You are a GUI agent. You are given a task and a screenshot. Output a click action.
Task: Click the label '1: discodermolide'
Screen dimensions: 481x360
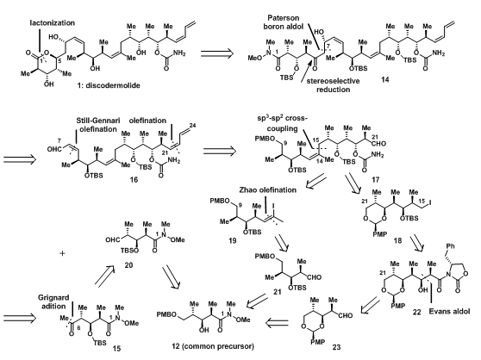point(109,85)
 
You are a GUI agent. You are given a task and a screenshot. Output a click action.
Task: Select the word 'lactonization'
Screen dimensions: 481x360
point(52,23)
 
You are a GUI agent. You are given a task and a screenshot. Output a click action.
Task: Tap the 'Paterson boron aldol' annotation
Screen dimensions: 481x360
point(283,22)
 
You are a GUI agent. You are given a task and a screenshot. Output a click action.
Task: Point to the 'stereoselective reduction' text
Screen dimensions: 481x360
point(333,85)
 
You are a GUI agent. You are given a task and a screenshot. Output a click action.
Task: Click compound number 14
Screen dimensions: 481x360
point(384,79)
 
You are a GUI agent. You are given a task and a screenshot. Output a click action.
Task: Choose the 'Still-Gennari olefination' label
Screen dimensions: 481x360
point(98,125)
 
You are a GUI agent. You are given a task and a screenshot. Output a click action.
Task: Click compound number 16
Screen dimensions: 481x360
point(134,180)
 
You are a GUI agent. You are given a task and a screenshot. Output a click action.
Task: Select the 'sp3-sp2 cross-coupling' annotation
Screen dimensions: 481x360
point(283,123)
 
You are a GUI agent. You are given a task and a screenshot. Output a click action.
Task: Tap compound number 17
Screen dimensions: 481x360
point(375,180)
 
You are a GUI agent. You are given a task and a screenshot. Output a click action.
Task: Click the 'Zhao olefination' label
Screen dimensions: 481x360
point(268,190)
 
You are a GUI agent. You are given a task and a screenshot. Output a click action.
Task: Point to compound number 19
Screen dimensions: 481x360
point(232,240)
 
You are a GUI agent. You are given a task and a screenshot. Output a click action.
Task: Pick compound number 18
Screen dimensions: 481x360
point(397,240)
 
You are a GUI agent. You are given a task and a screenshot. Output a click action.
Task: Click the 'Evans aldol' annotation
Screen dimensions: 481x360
point(449,312)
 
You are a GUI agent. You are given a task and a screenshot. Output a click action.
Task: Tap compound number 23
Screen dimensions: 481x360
point(336,347)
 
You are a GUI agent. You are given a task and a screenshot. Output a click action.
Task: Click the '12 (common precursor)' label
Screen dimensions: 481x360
point(213,346)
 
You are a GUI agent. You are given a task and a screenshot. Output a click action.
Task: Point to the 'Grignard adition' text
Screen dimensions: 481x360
point(53,301)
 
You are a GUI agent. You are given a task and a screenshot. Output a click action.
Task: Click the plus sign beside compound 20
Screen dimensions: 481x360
point(62,253)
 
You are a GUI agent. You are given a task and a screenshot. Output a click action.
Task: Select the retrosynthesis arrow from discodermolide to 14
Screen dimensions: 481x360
point(217,53)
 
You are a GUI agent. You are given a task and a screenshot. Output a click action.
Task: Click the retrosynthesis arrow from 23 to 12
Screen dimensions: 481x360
point(277,322)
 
